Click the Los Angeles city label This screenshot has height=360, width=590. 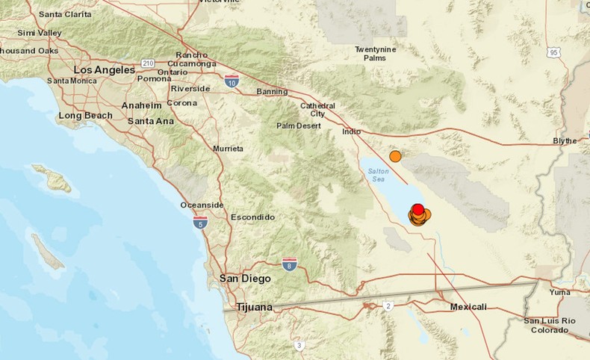tap(104, 69)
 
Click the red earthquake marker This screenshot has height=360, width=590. tap(418, 209)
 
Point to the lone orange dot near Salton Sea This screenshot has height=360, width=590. tap(395, 156)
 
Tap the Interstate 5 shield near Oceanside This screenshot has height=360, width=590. tap(199, 222)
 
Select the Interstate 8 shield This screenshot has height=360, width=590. tap(290, 264)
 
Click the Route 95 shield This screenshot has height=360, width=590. tap(553, 52)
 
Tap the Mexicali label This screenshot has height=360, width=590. tap(468, 307)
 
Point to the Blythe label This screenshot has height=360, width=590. tap(565, 140)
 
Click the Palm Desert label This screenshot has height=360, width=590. tap(298, 125)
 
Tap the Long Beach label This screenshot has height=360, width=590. tap(85, 115)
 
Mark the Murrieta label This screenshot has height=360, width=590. tap(229, 149)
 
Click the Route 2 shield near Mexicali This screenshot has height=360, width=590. tap(388, 305)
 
